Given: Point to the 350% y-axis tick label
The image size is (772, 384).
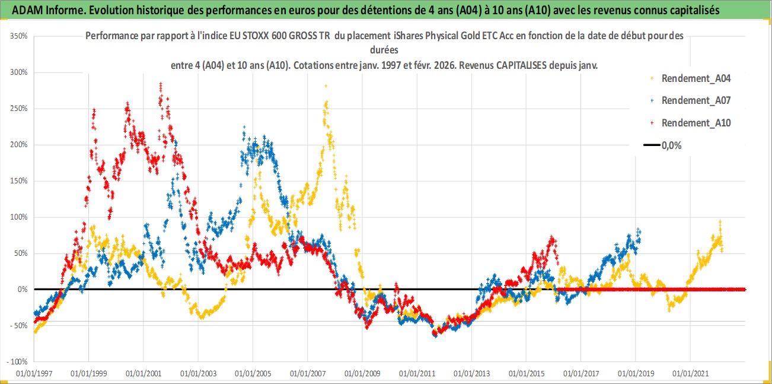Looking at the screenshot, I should click(18, 36).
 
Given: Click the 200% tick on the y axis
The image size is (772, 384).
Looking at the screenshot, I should click(18, 145).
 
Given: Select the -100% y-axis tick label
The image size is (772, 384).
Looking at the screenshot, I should click(17, 361).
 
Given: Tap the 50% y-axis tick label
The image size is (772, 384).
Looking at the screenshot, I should click(20, 253).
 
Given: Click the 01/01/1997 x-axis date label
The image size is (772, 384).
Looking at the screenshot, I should click(34, 375).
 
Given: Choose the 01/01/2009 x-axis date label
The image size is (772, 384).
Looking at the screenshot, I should click(362, 375).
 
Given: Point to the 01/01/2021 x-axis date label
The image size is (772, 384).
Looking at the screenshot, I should click(690, 375).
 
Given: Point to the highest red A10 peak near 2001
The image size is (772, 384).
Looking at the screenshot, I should click(161, 84).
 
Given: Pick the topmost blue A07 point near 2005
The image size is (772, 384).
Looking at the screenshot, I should click(245, 126).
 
